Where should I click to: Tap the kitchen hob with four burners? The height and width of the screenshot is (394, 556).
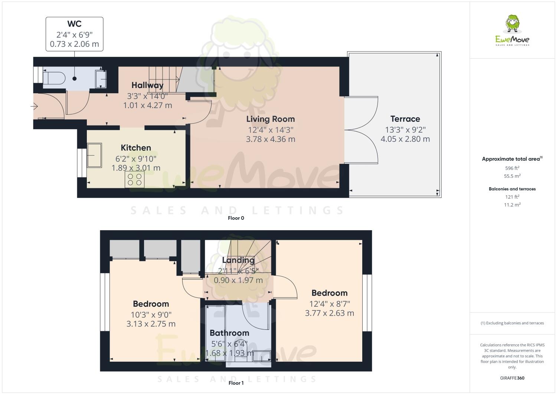click(x=135, y=180)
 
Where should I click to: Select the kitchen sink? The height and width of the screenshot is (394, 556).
click(x=94, y=155)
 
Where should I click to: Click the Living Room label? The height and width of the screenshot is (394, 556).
click(x=271, y=119)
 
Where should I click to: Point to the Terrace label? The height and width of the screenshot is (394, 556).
click(x=405, y=119)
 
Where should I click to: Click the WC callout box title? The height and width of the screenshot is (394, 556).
click(x=74, y=24)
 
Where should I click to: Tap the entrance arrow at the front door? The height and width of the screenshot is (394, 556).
click(x=34, y=107)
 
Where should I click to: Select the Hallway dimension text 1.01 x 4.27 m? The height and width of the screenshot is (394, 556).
click(x=147, y=105)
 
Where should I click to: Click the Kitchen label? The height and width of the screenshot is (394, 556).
click(x=136, y=148)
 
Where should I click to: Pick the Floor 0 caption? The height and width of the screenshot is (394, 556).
click(x=236, y=218)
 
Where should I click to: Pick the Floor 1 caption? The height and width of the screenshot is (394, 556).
click(x=236, y=383)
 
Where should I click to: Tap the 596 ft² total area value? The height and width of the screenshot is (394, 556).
click(x=512, y=168)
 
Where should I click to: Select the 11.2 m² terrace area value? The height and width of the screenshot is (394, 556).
click(x=512, y=205)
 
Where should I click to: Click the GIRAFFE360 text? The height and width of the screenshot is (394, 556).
click(x=512, y=378)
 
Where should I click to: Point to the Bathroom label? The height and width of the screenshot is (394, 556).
click(x=229, y=333)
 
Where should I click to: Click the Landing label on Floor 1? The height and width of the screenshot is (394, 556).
click(x=238, y=260)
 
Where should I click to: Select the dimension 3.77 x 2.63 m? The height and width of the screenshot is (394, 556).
click(x=329, y=313)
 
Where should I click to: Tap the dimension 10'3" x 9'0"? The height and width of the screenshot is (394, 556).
click(x=151, y=315)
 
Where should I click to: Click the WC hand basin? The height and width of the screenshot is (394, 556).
click(x=101, y=79)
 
